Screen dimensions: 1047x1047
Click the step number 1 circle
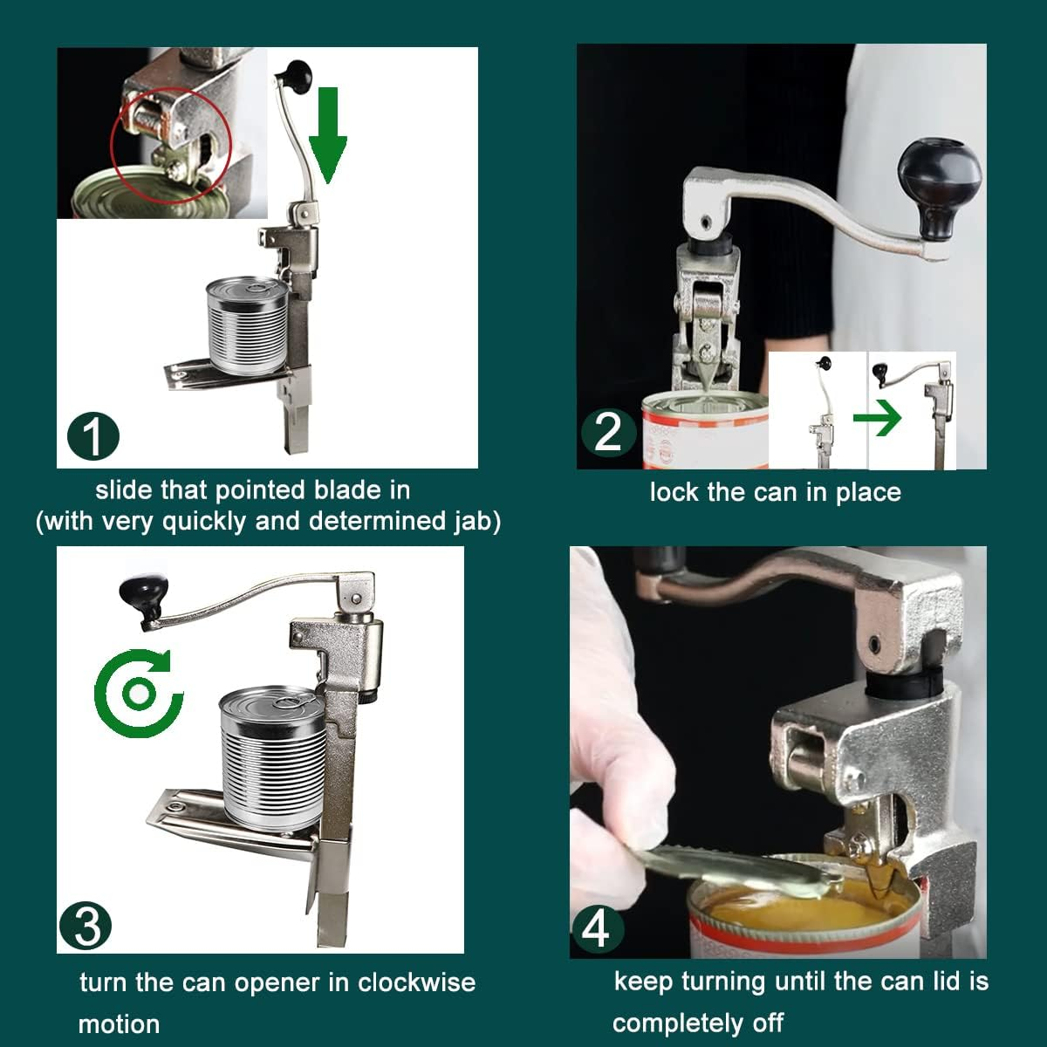pyautogui.click(x=93, y=436)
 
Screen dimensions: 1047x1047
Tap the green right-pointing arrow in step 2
pyautogui.click(x=877, y=420)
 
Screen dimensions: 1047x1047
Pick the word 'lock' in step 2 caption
pyautogui.click(x=674, y=492)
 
